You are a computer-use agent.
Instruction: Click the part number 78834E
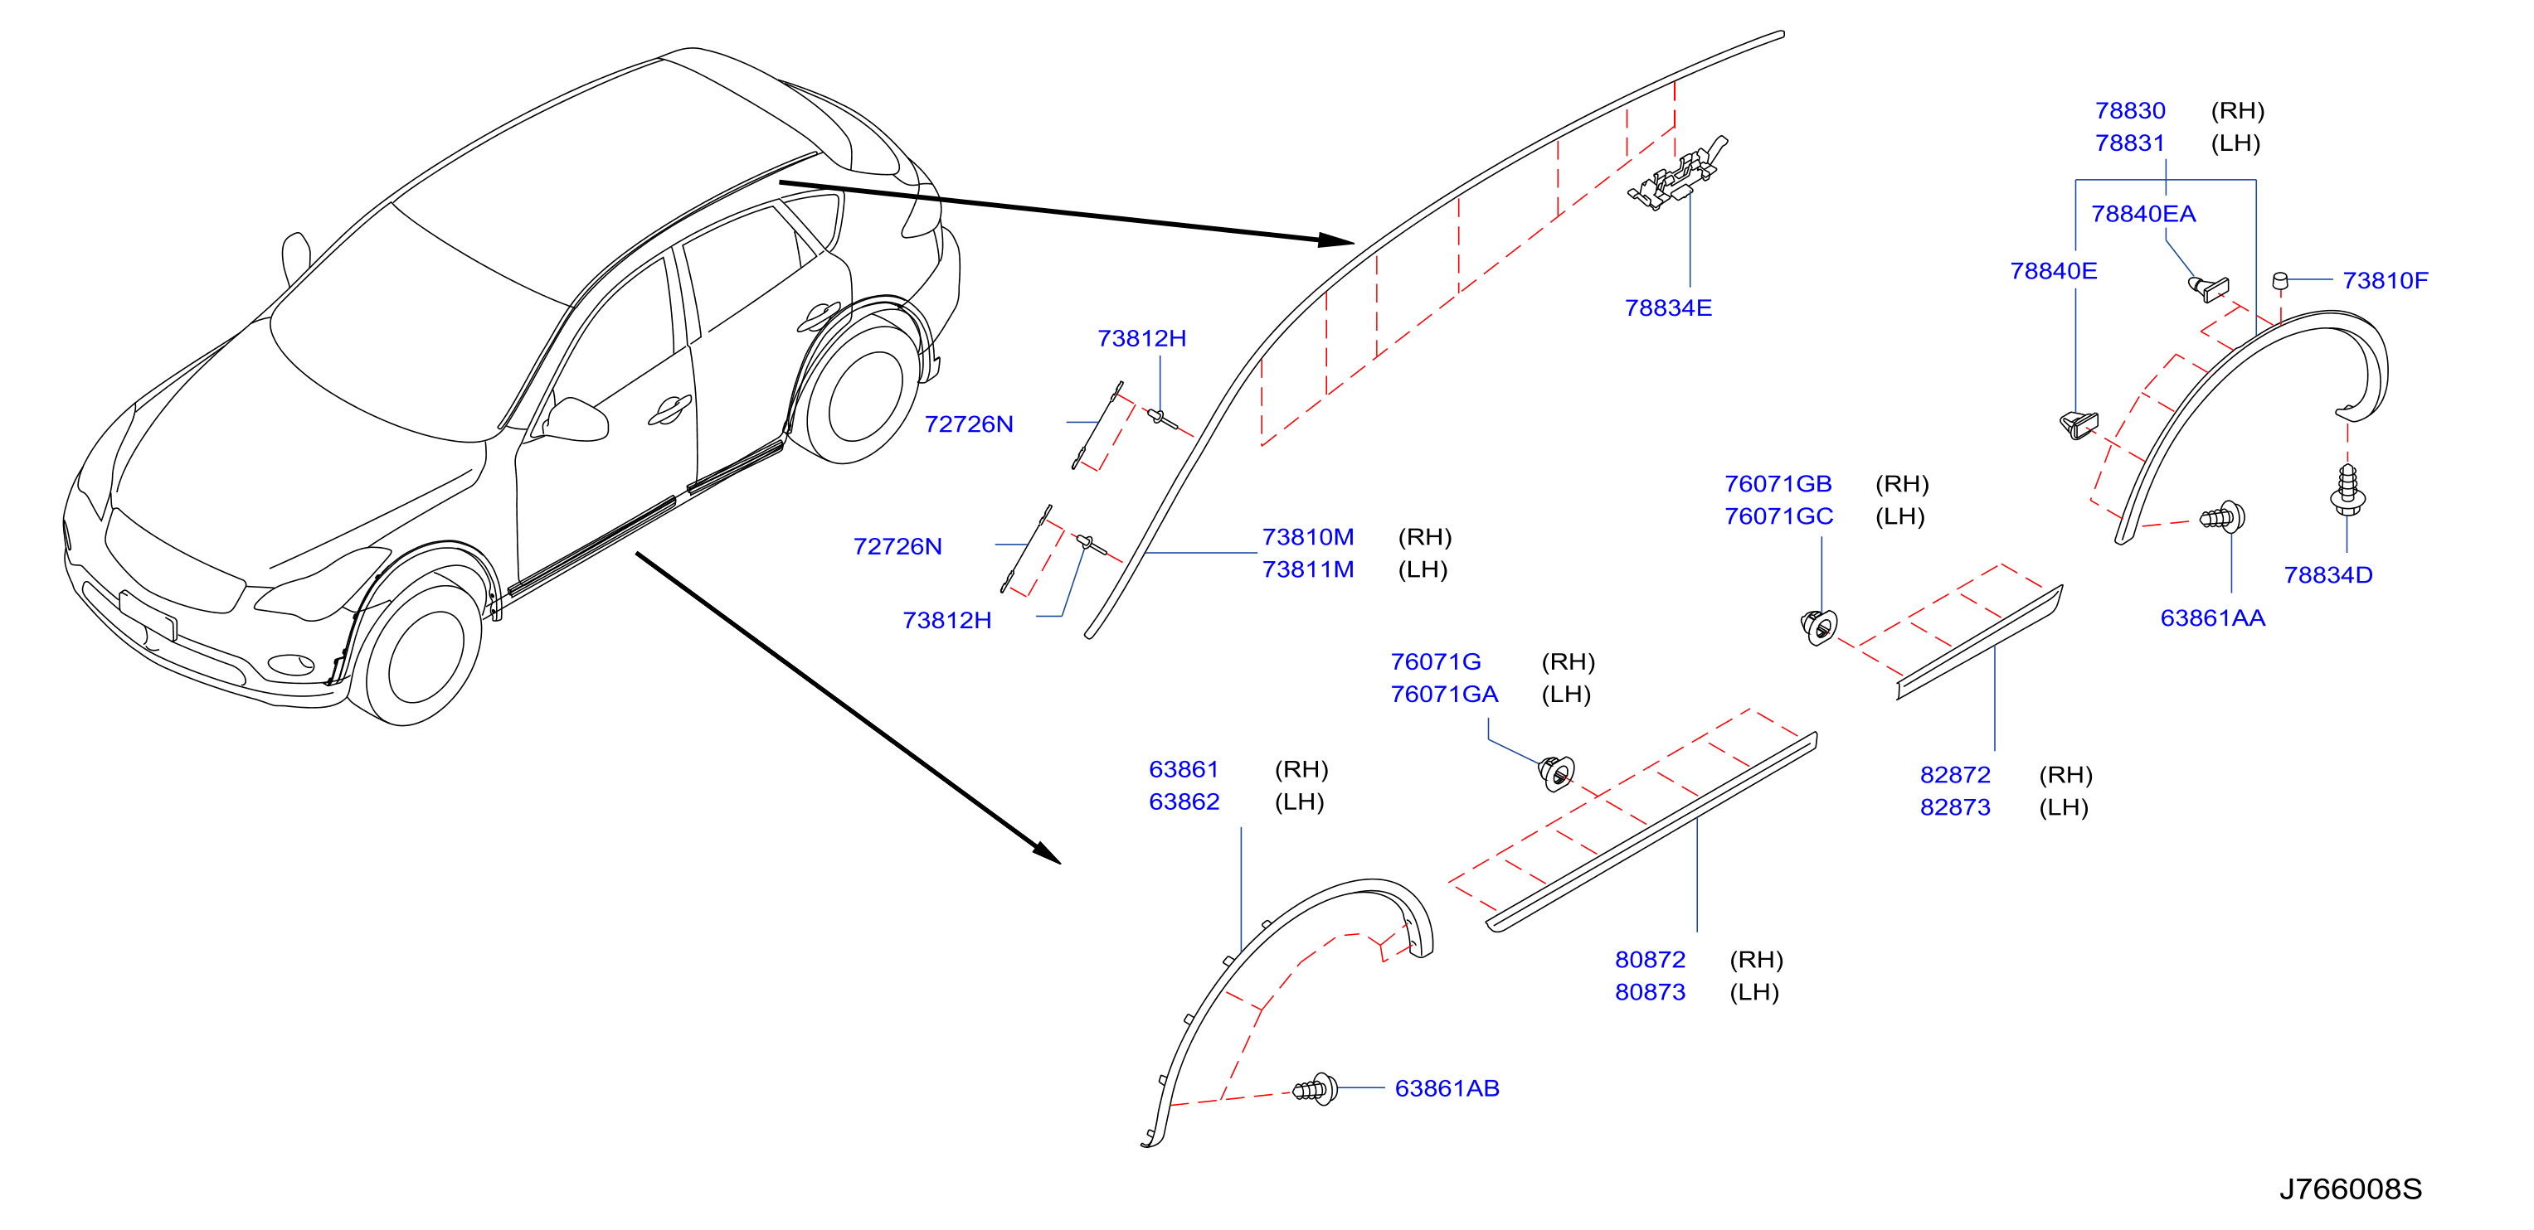tap(1668, 307)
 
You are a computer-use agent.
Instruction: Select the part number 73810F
tap(2386, 280)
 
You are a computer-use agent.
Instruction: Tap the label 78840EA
tap(2143, 213)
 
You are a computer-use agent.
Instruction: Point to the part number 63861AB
tap(1447, 1088)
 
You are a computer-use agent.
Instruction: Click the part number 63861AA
tap(2212, 617)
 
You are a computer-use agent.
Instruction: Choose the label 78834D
tap(2327, 574)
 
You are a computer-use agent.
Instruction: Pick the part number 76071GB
tap(1778, 484)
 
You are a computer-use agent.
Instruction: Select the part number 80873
tap(1650, 992)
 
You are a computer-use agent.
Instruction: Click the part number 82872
tap(1954, 775)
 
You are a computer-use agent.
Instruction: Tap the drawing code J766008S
tap(2350, 1189)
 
